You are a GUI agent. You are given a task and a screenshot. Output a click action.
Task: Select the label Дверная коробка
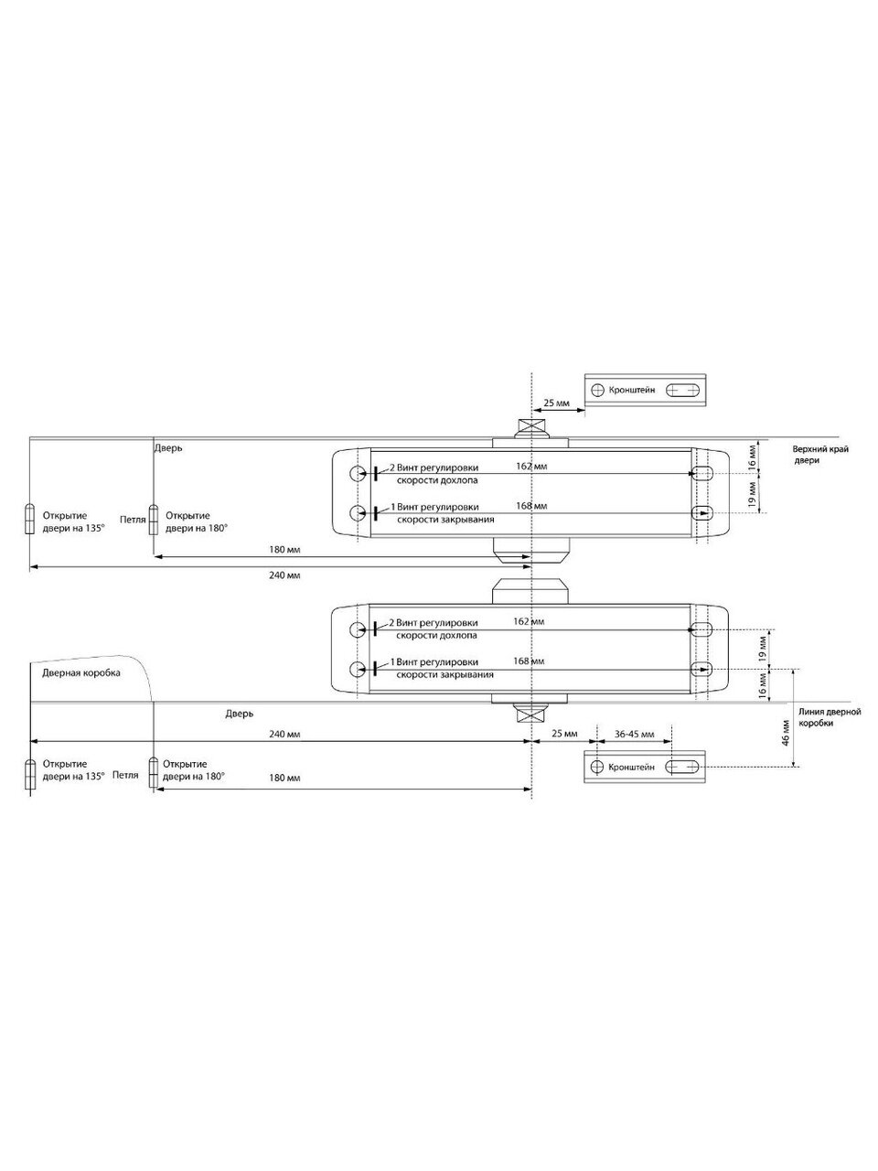coord(80,671)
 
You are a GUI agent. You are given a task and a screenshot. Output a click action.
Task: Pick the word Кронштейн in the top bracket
coord(632,390)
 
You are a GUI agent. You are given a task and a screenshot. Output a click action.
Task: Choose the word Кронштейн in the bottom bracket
coord(631,767)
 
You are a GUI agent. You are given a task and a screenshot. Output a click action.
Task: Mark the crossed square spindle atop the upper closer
coord(530,427)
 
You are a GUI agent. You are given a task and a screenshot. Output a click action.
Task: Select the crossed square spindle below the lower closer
coord(530,714)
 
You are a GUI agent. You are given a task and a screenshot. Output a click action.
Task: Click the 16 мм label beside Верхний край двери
coord(752,455)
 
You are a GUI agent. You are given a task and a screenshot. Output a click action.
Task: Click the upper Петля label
coord(133,519)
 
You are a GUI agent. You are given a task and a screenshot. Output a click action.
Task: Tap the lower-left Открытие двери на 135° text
coord(64,769)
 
